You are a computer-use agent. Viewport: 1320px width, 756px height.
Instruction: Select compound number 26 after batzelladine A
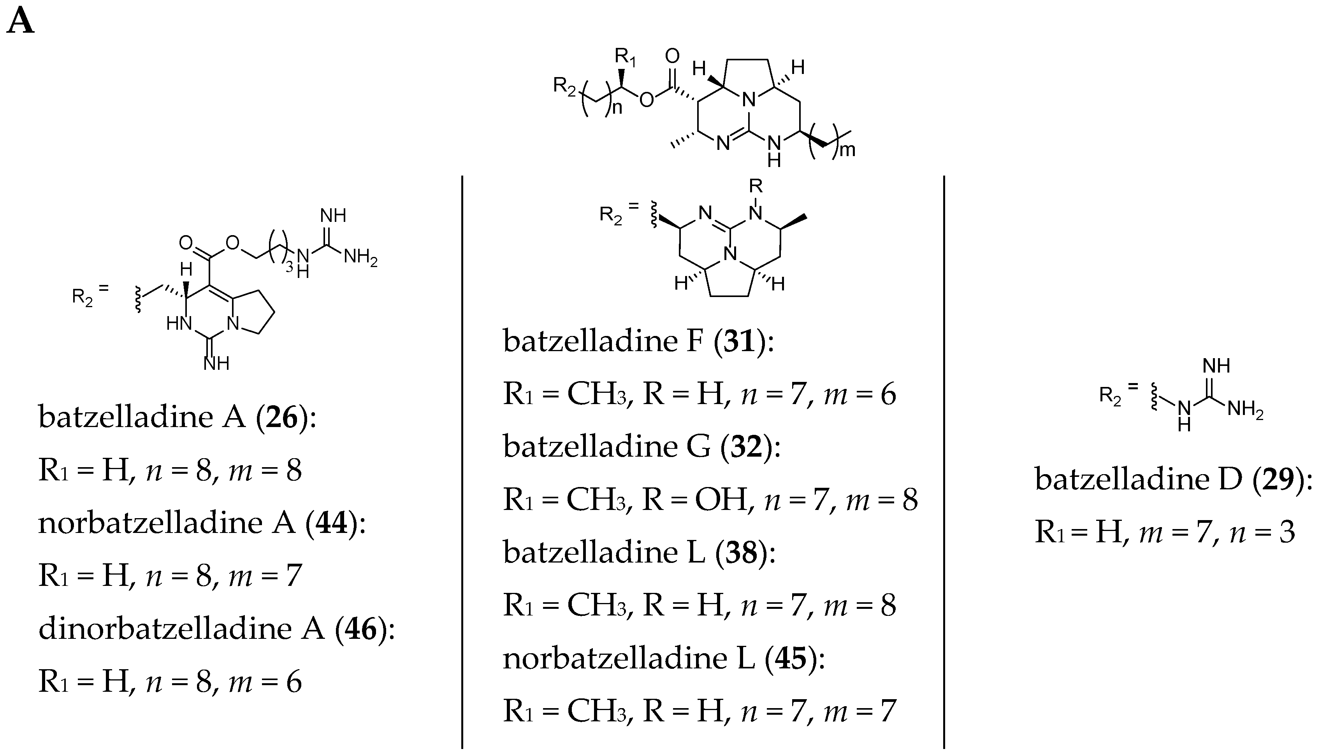(x=282, y=417)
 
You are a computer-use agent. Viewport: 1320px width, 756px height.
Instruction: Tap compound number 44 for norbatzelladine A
(x=332, y=523)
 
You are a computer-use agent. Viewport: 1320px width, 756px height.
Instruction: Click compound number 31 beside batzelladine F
(x=740, y=341)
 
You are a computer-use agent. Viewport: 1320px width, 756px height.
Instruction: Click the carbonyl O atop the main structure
(x=672, y=56)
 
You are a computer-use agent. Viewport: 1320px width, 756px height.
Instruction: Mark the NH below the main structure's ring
(x=773, y=151)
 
